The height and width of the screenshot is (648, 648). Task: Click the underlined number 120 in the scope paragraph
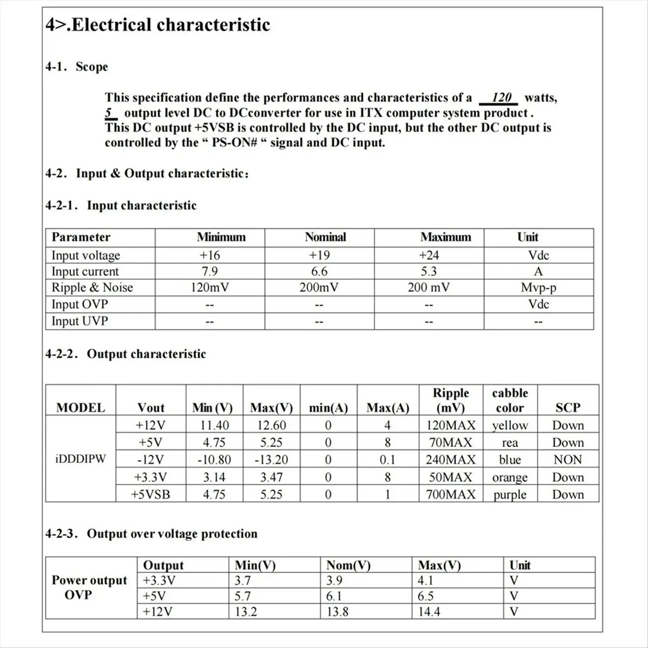(x=502, y=98)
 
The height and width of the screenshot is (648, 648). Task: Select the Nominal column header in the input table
(x=325, y=237)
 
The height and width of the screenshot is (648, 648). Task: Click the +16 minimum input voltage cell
(x=210, y=255)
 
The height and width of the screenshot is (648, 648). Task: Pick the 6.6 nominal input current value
(x=319, y=272)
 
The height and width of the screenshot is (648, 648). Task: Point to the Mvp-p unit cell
(x=538, y=288)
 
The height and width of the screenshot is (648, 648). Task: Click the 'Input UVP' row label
(x=80, y=321)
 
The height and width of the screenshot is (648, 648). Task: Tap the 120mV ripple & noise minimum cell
(x=210, y=288)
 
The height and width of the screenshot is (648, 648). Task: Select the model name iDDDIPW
(x=81, y=460)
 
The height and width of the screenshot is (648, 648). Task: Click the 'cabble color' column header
(x=510, y=400)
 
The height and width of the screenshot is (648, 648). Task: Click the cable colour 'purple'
(x=510, y=495)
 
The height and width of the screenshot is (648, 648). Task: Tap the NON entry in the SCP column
(x=568, y=460)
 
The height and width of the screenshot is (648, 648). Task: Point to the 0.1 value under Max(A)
(x=387, y=460)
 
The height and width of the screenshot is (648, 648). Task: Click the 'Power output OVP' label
(x=89, y=588)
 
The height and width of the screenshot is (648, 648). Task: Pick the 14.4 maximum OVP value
(x=429, y=612)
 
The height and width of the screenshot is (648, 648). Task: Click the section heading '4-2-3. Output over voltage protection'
(x=151, y=534)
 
